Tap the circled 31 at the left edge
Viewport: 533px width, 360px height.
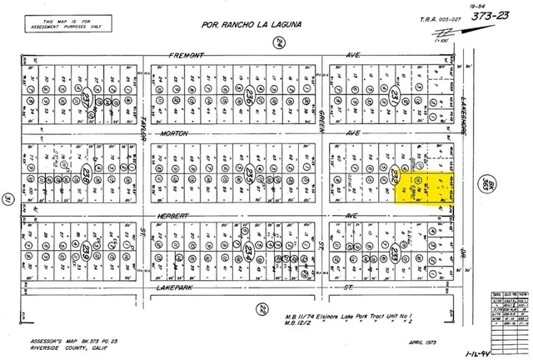pyautogui.click(x=6, y=198)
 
